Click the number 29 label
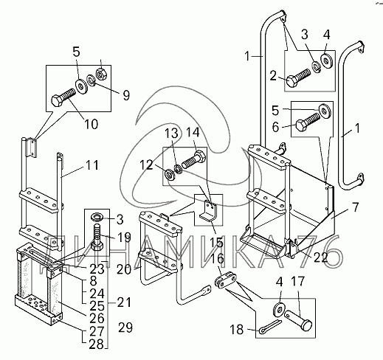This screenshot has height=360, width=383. [125, 328]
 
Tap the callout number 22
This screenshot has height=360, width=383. [320, 257]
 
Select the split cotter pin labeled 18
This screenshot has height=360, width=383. [271, 326]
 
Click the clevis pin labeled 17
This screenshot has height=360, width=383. [298, 319]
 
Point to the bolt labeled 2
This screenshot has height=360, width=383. [298, 77]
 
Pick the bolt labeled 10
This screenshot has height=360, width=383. [63, 97]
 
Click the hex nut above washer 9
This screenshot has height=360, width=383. [101, 74]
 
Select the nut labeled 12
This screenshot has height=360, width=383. [170, 174]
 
